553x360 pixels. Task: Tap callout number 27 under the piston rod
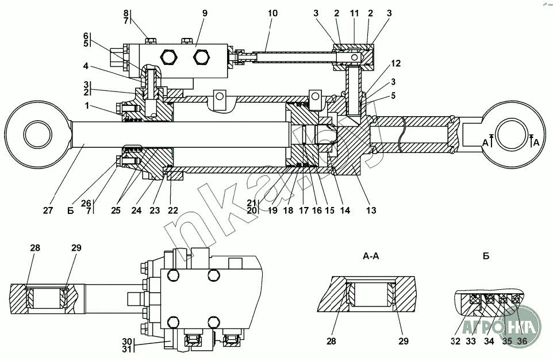[x=48, y=210]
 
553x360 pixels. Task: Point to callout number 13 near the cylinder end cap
[x=371, y=210]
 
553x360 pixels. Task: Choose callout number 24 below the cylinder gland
[x=137, y=210]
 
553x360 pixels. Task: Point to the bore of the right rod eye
[x=514, y=140]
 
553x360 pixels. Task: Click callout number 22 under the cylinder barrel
[x=172, y=210]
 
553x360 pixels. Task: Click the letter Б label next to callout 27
[x=70, y=210]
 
